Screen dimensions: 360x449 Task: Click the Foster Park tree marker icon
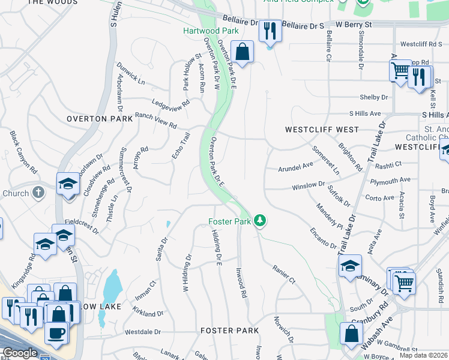[259, 221]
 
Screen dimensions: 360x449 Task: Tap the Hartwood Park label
[211, 31]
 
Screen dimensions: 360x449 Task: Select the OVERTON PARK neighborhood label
[99, 119]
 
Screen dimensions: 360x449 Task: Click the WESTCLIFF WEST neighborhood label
[322, 130]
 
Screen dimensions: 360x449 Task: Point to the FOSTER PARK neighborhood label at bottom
[229, 331]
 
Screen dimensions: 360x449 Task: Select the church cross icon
[38, 193]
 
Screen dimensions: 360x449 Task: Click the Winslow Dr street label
[308, 187]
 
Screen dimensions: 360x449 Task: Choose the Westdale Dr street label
[143, 332]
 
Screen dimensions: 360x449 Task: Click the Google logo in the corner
[20, 353]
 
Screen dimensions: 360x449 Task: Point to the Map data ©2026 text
[423, 355]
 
